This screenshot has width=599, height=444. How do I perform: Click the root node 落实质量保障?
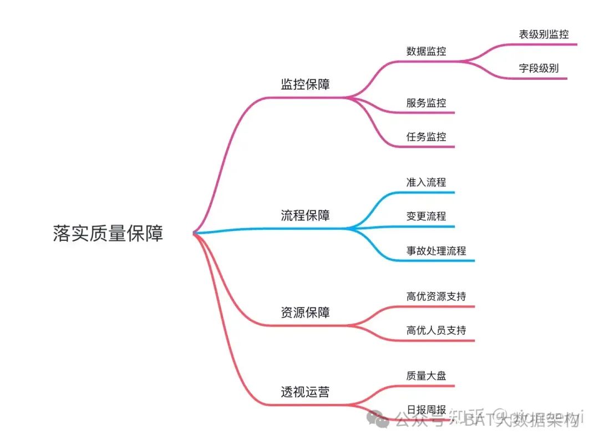click(108, 233)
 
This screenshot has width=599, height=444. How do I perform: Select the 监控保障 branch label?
click(305, 84)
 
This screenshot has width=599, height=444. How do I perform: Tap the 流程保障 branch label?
click(305, 215)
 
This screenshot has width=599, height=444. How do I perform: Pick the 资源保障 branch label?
click(305, 312)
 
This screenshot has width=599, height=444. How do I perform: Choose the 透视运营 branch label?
click(305, 392)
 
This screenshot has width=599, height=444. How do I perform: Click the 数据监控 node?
click(426, 51)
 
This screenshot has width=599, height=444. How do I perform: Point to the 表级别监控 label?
click(544, 34)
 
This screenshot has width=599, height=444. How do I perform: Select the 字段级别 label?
click(539, 69)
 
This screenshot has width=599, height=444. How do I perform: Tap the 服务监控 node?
click(426, 103)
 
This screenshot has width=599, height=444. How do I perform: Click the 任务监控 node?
click(426, 137)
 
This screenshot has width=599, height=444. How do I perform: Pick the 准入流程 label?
click(426, 182)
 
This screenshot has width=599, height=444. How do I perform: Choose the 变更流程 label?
click(426, 216)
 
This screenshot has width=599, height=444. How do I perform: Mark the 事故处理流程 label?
click(436, 250)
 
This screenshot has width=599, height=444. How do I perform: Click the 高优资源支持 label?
click(436, 296)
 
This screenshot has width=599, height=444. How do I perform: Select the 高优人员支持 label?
click(436, 330)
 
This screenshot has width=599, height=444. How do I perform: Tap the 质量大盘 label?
click(426, 376)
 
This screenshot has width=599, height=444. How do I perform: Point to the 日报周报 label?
click(426, 410)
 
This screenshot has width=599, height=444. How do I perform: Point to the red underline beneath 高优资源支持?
click(438, 306)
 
